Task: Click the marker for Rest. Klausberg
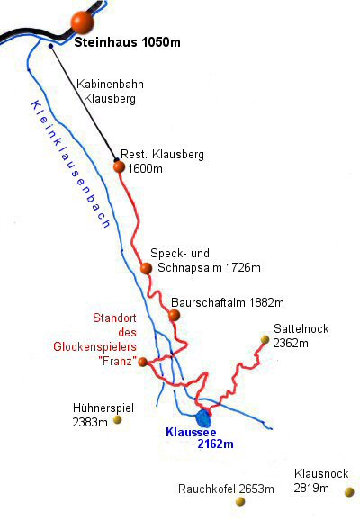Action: (119, 166)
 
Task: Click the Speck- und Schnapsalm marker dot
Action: (146, 268)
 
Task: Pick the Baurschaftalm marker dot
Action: (174, 315)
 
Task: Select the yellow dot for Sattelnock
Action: (265, 340)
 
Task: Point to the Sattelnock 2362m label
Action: (301, 336)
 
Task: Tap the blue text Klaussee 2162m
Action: (199, 437)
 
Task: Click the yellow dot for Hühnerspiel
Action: (118, 420)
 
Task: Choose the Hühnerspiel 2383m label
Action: (103, 413)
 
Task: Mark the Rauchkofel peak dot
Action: (240, 501)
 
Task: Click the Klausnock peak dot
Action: (349, 492)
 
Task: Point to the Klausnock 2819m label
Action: (320, 480)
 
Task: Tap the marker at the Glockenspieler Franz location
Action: (142, 362)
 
